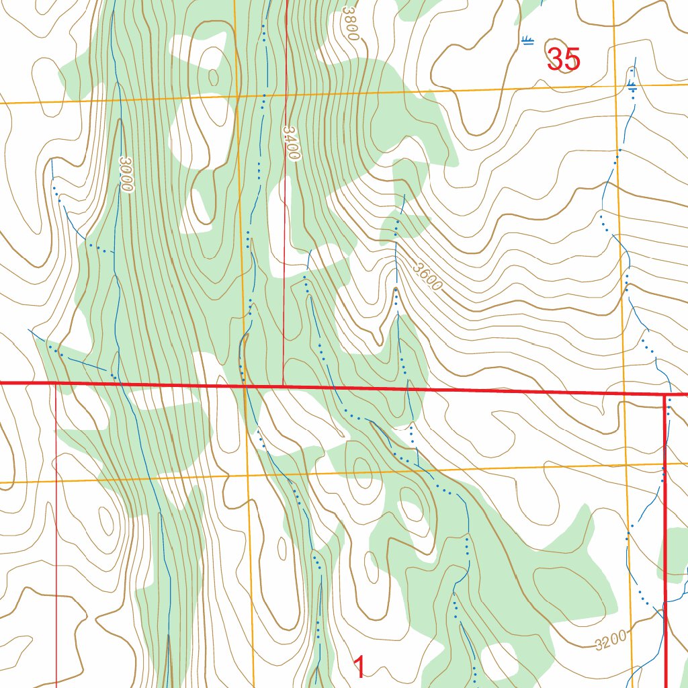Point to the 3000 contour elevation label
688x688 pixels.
tap(126, 174)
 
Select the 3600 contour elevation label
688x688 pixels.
tap(428, 276)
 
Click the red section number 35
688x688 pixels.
tap(563, 60)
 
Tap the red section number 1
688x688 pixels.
tap(359, 668)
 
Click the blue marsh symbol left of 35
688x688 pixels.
tap(528, 42)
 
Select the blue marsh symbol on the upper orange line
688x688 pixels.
tap(632, 85)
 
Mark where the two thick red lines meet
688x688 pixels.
tap(665, 395)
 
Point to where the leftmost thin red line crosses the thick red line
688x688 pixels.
tap(56, 384)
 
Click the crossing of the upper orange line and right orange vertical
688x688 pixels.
tap(616, 87)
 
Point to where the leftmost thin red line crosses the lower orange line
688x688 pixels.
tap(56, 482)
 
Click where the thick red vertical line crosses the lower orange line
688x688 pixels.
tap(665, 463)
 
